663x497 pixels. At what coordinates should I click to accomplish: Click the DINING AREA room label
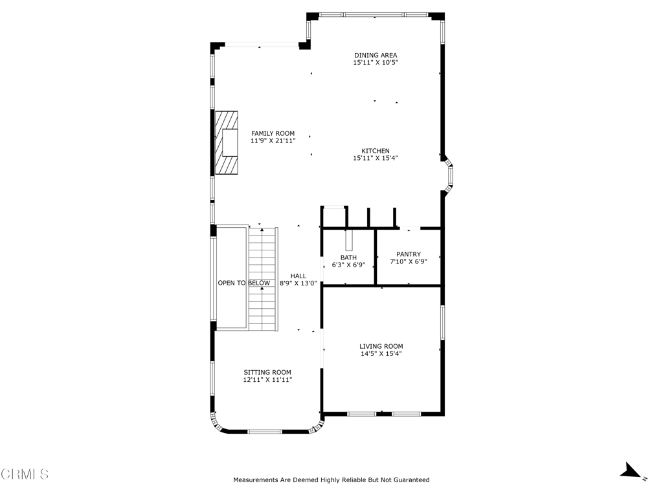point(375,55)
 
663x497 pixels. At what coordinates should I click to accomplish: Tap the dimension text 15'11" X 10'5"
point(375,63)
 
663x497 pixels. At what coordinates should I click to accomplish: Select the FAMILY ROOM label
point(273,133)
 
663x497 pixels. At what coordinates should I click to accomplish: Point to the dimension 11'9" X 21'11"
point(273,140)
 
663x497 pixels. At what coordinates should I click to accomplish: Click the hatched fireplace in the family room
point(227,142)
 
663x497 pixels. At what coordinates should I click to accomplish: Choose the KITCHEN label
point(375,151)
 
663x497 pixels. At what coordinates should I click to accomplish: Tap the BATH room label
point(348,258)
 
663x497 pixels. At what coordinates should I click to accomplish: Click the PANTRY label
point(408,254)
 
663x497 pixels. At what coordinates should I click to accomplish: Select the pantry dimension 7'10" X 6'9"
point(408,262)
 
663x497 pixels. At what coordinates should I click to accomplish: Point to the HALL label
point(298,276)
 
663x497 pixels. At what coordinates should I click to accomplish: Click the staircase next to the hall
point(263,278)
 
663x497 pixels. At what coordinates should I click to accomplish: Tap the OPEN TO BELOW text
point(243,283)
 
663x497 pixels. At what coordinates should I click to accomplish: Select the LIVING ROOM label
point(381,346)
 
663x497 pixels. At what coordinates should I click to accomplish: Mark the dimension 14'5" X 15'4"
point(381,354)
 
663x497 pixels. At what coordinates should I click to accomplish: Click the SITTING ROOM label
point(267,372)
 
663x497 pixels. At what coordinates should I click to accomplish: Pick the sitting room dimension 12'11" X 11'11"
point(267,381)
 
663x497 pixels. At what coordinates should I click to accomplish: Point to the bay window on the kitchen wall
point(449,175)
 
